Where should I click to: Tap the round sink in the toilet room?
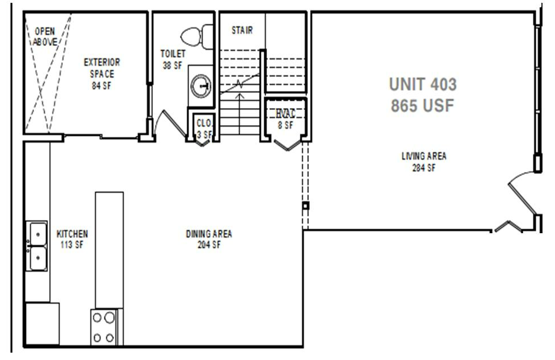click(200, 87)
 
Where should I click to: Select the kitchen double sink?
click(38, 247)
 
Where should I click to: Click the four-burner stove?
click(104, 327)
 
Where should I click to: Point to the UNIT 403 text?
click(423, 85)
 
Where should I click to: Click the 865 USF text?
click(423, 105)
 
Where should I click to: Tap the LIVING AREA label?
click(428, 156)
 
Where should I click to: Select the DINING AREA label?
click(209, 234)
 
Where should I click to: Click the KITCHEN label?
click(72, 234)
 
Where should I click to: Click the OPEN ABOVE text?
click(45, 37)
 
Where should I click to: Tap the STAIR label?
click(242, 31)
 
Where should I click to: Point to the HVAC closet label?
click(286, 113)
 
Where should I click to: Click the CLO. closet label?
click(203, 122)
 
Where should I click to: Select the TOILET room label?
click(173, 54)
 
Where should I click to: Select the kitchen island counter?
click(109, 249)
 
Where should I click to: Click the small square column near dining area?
click(306, 205)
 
